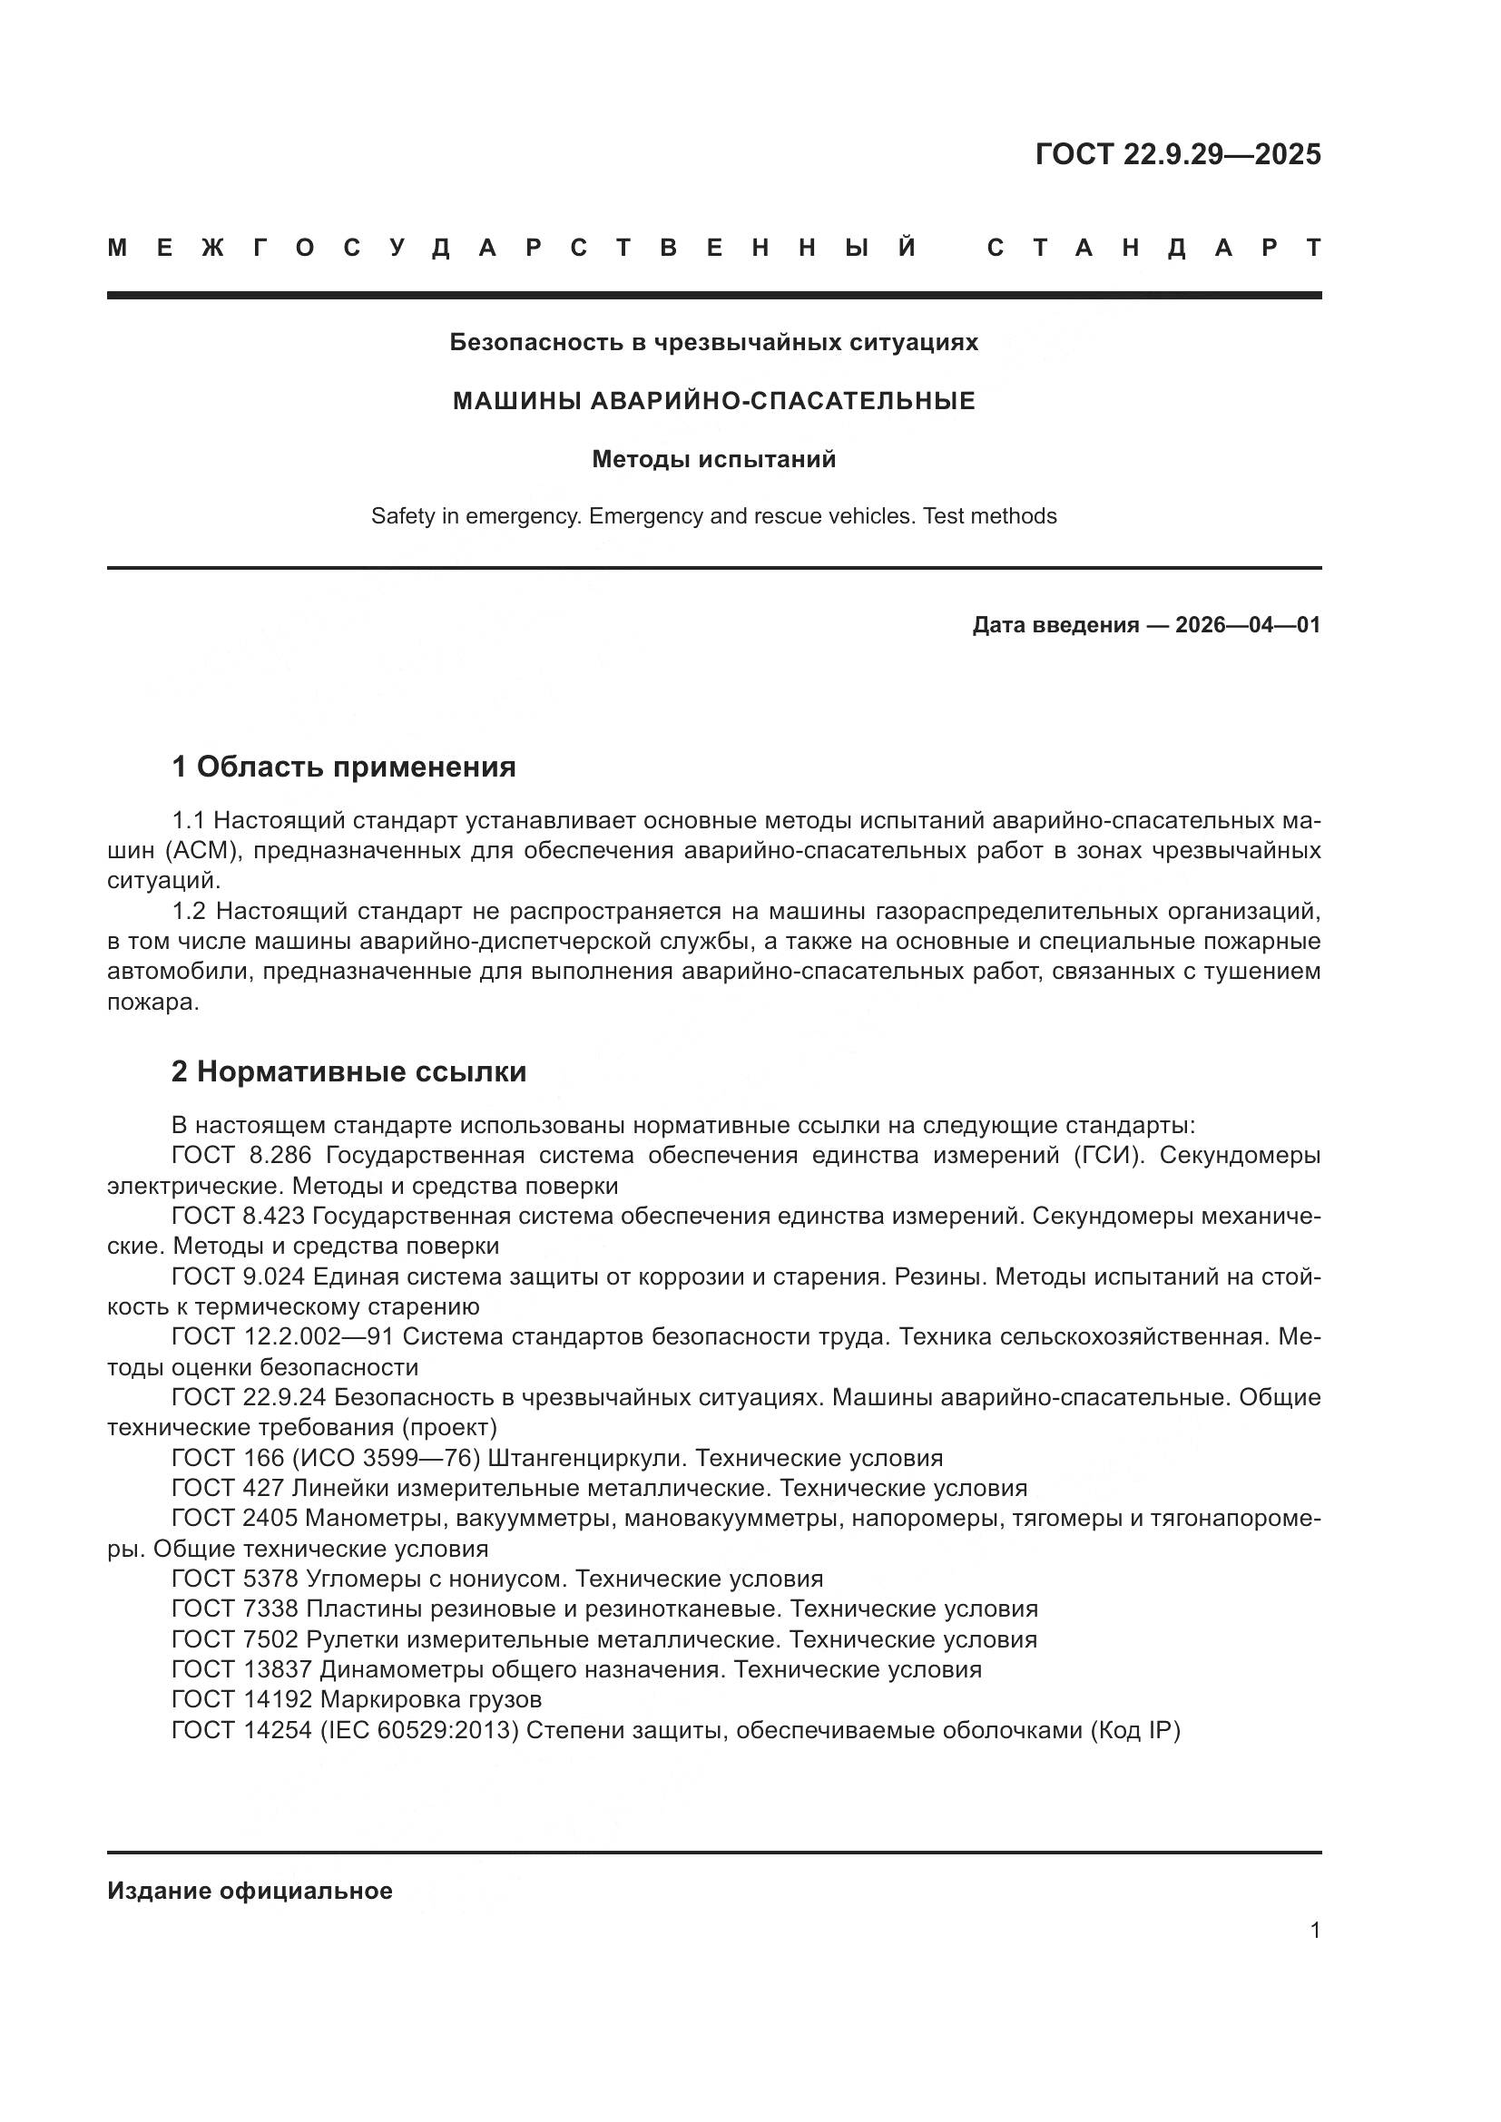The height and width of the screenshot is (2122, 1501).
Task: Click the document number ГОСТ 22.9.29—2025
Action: coord(1178,154)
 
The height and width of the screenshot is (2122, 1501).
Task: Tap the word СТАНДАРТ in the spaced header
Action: coord(1153,248)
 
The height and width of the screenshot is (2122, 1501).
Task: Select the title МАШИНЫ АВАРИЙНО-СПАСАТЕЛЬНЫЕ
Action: coord(713,401)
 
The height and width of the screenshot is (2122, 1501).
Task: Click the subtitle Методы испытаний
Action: coord(713,459)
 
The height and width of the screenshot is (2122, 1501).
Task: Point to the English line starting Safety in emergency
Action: coord(713,515)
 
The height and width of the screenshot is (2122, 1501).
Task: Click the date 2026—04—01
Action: coord(1248,626)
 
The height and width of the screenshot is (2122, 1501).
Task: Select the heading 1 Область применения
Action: coord(343,767)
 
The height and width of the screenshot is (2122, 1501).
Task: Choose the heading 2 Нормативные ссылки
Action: coord(348,1071)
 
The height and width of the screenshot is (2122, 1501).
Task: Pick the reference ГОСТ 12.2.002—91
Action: coord(282,1336)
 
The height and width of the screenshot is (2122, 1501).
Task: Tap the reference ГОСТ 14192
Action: coord(242,1698)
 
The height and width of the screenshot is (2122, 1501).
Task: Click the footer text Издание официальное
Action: coord(250,1891)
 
